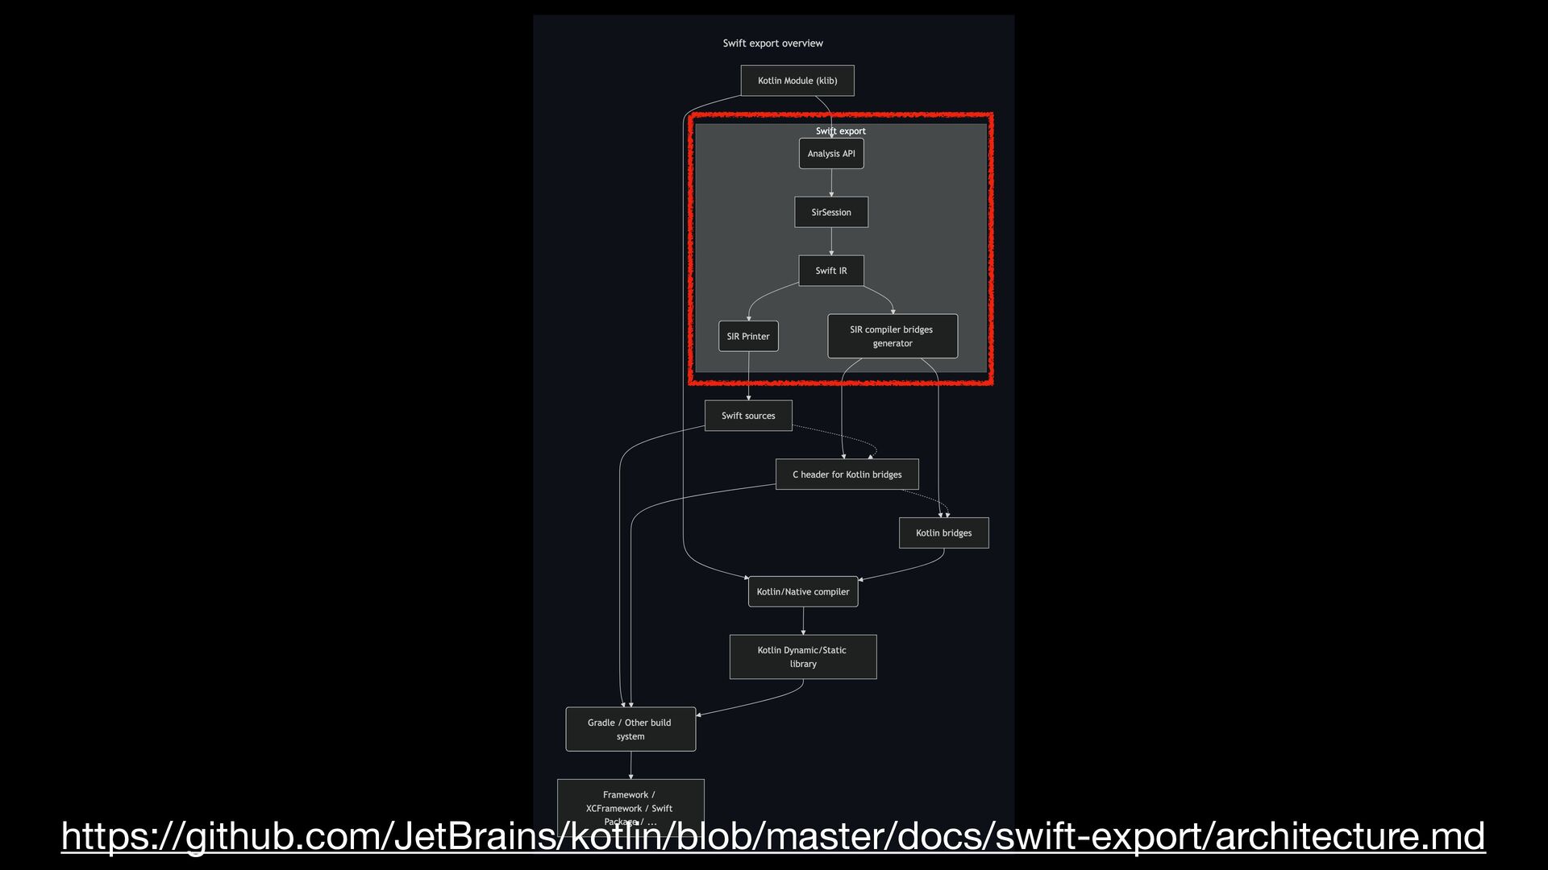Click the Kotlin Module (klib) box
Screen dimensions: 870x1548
797,81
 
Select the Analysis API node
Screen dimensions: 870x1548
831,154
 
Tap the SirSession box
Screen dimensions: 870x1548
831,213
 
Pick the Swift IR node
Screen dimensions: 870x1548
831,271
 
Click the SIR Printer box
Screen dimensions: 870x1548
748,337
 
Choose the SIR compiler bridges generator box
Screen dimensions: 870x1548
893,336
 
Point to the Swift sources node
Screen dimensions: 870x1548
748,416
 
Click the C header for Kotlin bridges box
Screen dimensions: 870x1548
847,474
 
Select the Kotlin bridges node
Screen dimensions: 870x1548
943,533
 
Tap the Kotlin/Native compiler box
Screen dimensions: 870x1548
803,592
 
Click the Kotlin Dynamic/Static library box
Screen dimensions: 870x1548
803,657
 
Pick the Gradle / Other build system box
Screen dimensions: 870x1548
630,729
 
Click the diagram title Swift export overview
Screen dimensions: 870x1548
772,43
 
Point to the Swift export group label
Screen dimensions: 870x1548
841,131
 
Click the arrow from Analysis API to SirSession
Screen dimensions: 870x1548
831,183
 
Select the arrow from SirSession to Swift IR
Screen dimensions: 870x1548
831,242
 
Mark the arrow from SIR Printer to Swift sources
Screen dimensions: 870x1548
748,376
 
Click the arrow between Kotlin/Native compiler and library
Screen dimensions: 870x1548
803,621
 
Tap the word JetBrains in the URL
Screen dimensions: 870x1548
476,836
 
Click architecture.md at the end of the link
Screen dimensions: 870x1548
1350,836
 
